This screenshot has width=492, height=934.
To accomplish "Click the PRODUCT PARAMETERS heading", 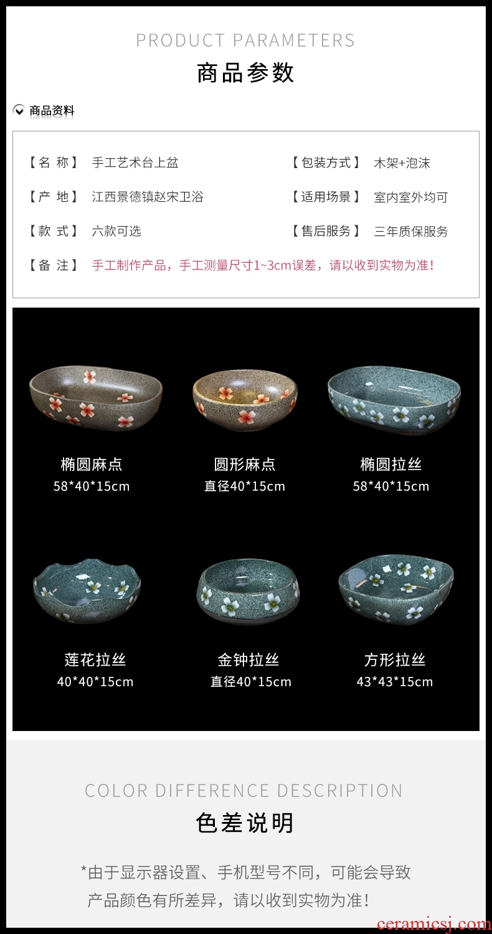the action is (x=245, y=40).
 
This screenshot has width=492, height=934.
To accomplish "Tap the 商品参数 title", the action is (x=245, y=73).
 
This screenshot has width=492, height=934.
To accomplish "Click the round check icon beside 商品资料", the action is (x=18, y=110).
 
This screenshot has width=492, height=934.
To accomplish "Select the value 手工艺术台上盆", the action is (x=135, y=162).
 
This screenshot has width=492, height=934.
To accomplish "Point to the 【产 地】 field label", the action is (x=54, y=196).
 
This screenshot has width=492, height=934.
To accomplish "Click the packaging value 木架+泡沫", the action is (x=402, y=163).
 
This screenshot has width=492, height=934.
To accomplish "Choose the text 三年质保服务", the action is (x=410, y=231).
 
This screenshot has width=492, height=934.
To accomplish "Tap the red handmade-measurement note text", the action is (x=263, y=265).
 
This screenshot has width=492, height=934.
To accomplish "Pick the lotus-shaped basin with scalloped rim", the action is (x=87, y=590).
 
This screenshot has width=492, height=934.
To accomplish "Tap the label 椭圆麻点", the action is (x=92, y=464).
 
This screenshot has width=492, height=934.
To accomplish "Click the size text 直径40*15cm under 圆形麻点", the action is (x=245, y=486).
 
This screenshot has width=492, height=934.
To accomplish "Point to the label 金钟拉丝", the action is (x=248, y=659).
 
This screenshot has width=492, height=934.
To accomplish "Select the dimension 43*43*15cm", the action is (x=395, y=682).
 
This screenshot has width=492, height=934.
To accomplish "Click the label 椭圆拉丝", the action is (x=391, y=464).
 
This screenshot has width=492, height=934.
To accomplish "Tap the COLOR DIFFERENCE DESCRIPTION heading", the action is (x=244, y=791).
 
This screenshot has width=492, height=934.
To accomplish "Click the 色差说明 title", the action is (x=245, y=823).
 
